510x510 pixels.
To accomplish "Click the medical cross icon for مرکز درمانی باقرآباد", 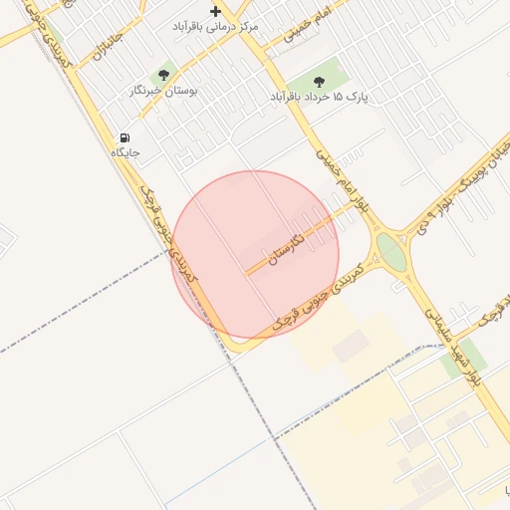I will [215, 11].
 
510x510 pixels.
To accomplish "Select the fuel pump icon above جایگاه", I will [125, 137].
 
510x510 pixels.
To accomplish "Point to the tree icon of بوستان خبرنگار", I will [163, 74].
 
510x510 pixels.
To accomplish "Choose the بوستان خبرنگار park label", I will [165, 91].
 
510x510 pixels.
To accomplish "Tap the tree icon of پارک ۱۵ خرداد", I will [319, 82].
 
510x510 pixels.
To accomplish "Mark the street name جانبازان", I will [107, 43].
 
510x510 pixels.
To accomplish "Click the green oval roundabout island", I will [391, 253].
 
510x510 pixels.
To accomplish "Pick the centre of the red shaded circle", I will [255, 254].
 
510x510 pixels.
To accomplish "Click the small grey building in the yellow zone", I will [350, 347].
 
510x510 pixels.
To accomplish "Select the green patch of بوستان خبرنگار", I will [164, 73].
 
